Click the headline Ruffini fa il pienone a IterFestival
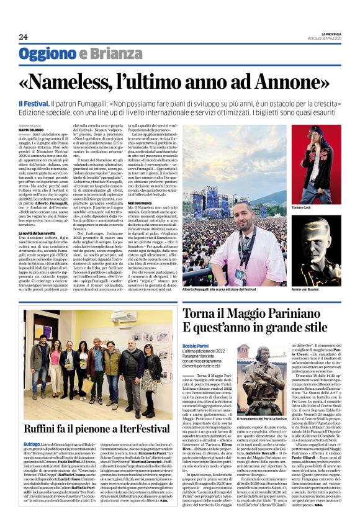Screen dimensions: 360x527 click(97, 428)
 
